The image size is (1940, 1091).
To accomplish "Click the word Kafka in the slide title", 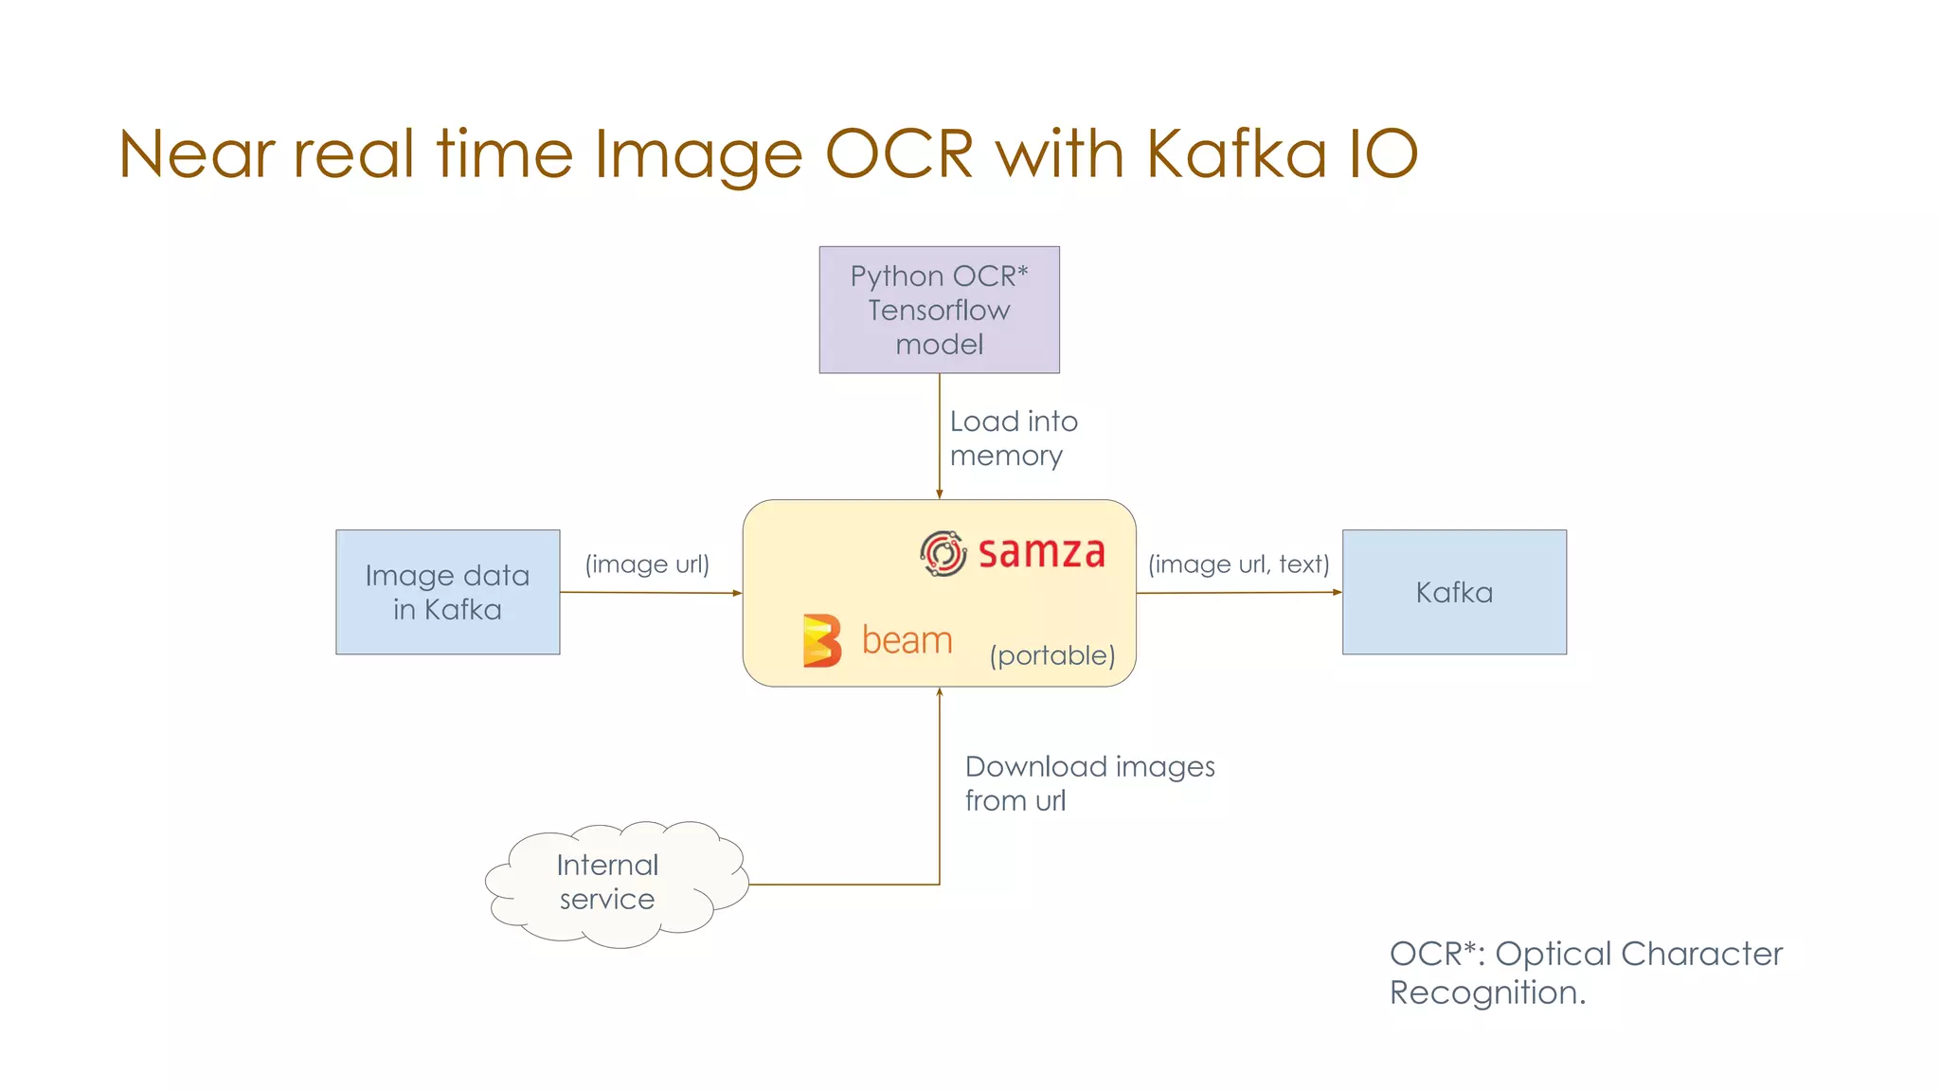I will pos(1235,153).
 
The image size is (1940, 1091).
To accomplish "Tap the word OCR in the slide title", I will pos(899,153).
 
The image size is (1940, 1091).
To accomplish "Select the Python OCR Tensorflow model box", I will pos(939,310).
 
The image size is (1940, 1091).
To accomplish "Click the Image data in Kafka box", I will pos(447,592).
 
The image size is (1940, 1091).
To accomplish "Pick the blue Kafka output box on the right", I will pos(1454,592).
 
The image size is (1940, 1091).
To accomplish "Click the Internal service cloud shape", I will pos(611,883).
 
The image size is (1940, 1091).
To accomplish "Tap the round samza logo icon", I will pos(943,553).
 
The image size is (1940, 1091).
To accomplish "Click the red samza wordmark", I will pos(1041,553).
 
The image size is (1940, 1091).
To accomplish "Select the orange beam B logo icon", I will pos(821,641).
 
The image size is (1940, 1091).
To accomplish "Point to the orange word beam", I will pos(907,641).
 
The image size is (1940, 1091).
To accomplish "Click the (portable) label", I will pos(1052,655).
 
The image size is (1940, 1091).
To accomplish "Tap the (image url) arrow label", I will pos(647,564).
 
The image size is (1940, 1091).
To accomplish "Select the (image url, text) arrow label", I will pos(1238,564).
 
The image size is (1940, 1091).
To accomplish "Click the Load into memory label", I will pos(1013,438).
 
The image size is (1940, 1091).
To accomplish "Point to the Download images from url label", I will pos(1088,783).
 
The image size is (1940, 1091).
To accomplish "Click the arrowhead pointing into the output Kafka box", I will pos(1337,592).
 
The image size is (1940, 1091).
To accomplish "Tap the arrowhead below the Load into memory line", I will pos(939,493).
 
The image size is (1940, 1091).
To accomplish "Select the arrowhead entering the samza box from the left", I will pos(736,593).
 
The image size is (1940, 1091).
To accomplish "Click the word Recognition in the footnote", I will pos(1486,993).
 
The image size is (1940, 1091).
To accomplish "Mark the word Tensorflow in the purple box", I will pos(939,311).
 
